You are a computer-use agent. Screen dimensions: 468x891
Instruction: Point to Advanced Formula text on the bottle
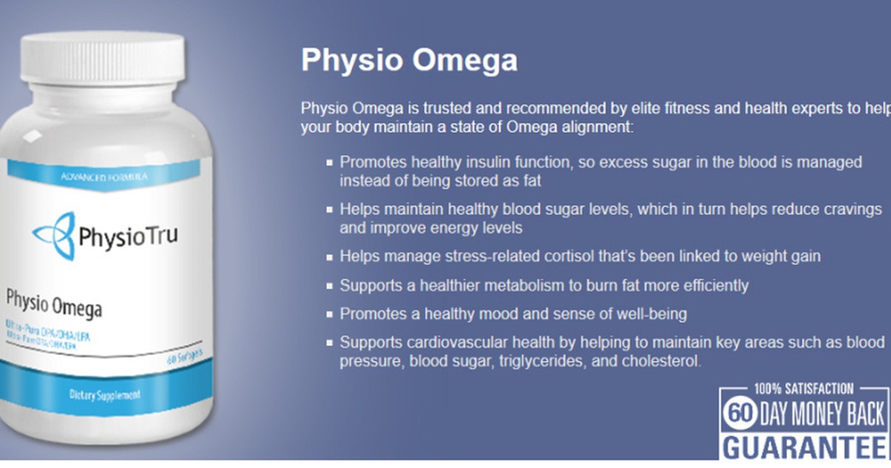click(104, 177)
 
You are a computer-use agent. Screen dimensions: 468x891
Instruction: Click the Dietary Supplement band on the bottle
click(105, 394)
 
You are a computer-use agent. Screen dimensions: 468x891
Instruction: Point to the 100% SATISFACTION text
click(803, 388)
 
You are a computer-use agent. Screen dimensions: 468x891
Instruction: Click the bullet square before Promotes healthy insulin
click(330, 162)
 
